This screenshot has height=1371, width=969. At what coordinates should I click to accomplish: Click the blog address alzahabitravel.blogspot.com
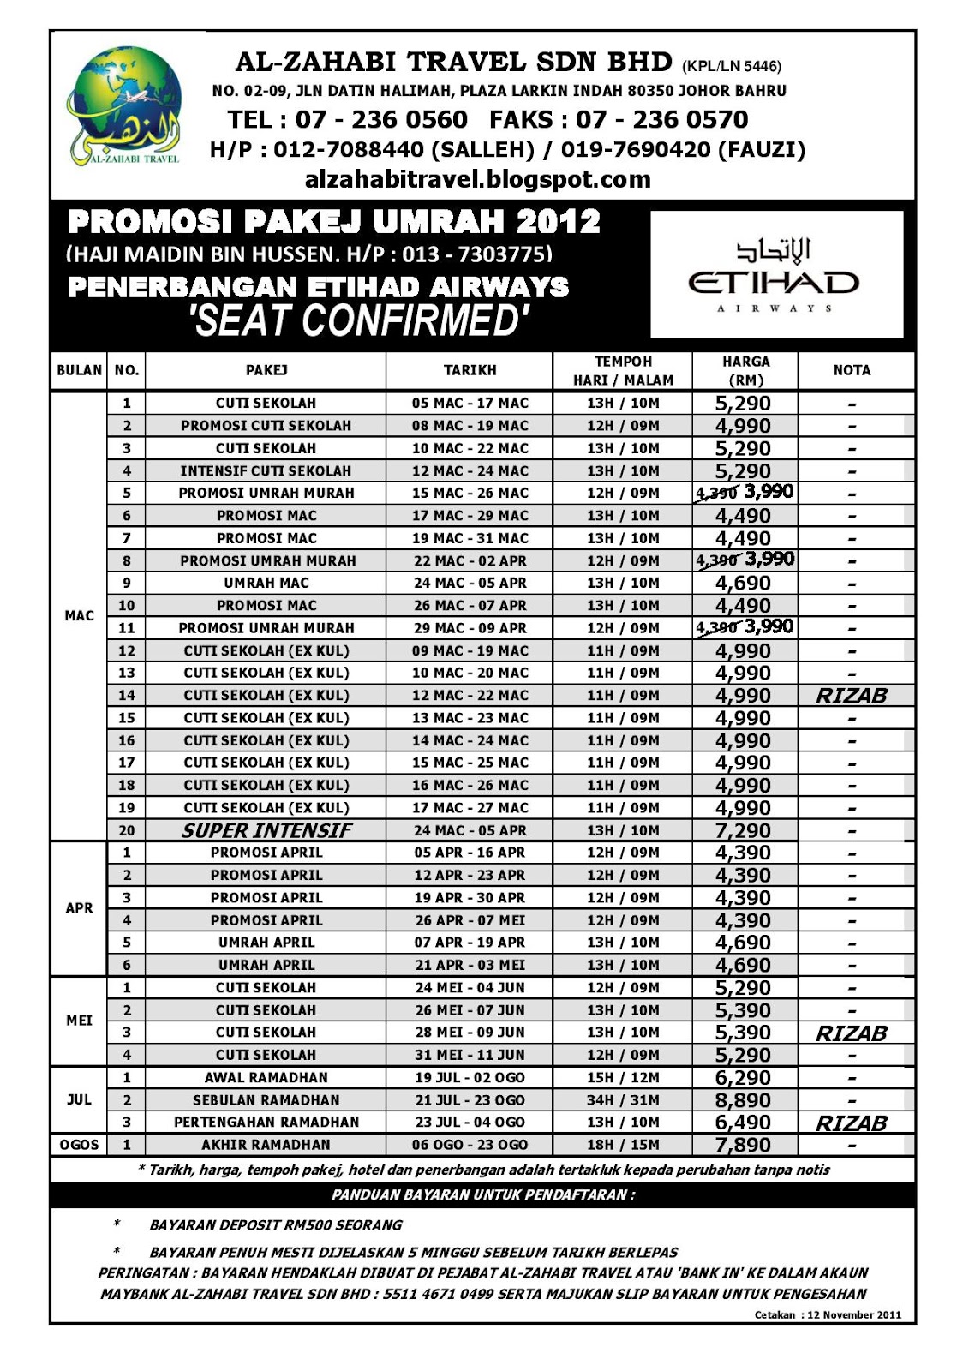click(x=477, y=179)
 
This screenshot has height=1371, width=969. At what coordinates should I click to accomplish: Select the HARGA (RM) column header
click(x=745, y=370)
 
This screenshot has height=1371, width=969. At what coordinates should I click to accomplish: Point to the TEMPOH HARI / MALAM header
click(x=623, y=370)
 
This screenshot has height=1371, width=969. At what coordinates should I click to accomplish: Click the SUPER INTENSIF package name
click(x=266, y=830)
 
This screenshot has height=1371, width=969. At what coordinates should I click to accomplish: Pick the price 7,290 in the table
click(x=743, y=830)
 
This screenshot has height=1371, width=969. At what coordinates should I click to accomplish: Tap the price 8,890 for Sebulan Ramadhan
click(x=743, y=1099)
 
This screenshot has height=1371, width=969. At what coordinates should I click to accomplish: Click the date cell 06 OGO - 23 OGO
click(x=470, y=1145)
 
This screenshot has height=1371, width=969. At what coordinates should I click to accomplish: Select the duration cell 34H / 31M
click(x=623, y=1100)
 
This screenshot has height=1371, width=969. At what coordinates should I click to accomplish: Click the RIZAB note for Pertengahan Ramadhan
click(x=851, y=1123)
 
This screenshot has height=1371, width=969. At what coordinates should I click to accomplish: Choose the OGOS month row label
click(x=79, y=1145)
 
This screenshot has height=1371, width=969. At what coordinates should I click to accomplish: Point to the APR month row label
click(x=79, y=908)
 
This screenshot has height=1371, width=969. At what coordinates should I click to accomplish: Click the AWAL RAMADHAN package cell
click(x=266, y=1077)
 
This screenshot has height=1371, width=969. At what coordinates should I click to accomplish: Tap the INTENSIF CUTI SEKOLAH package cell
click(x=266, y=470)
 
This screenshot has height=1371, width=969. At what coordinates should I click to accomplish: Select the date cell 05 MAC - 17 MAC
click(x=470, y=403)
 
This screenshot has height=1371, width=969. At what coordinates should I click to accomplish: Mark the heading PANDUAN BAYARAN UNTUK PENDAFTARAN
click(x=483, y=1194)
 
